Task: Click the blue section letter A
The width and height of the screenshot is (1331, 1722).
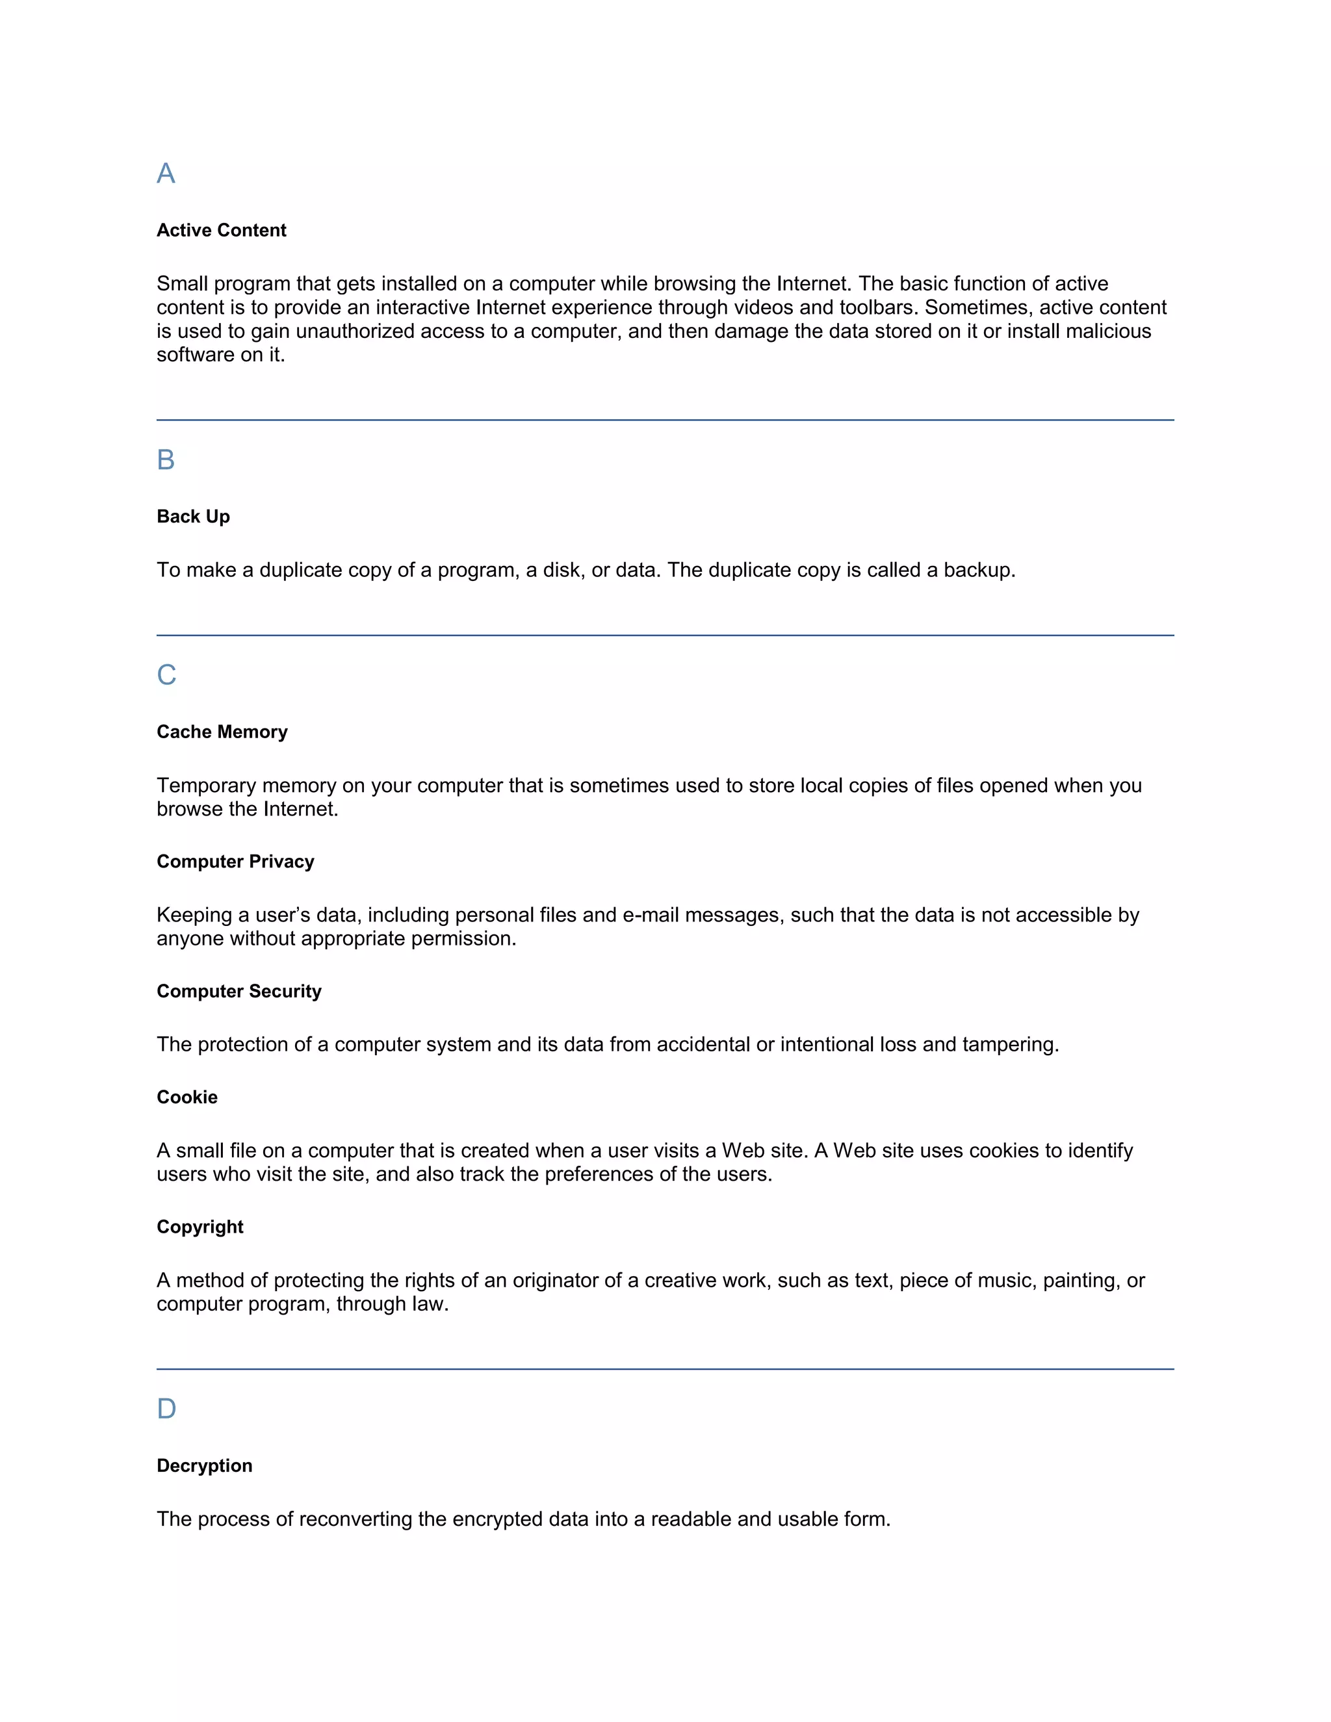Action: point(166,173)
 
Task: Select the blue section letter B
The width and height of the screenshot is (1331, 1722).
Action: point(166,459)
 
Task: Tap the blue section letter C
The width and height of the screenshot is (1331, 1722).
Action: point(166,675)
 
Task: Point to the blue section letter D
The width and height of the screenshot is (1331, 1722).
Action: point(166,1409)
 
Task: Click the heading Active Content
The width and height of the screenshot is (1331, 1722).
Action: point(222,230)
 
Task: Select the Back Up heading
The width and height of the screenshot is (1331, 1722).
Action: point(193,517)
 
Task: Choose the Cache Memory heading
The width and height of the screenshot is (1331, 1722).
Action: point(222,732)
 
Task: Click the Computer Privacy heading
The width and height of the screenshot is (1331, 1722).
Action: point(236,861)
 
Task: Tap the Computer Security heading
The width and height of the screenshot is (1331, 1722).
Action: point(239,991)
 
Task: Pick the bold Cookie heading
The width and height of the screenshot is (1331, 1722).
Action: point(187,1097)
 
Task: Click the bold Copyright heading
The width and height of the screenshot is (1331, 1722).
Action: point(200,1227)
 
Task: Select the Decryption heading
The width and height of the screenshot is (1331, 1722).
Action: point(205,1466)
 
